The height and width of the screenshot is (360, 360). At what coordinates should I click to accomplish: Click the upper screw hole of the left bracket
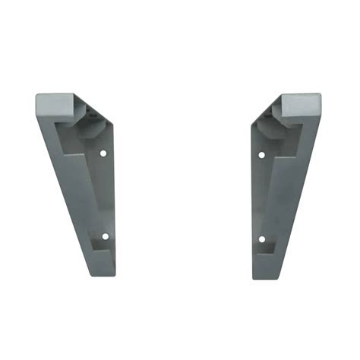click(x=103, y=153)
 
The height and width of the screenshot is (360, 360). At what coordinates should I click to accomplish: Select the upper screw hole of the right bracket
click(x=261, y=155)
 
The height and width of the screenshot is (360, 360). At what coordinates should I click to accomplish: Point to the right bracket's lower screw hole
click(x=261, y=238)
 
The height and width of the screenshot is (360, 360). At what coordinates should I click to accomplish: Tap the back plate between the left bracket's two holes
click(x=106, y=194)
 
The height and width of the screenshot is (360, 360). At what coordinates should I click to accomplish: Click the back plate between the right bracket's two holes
click(x=260, y=196)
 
